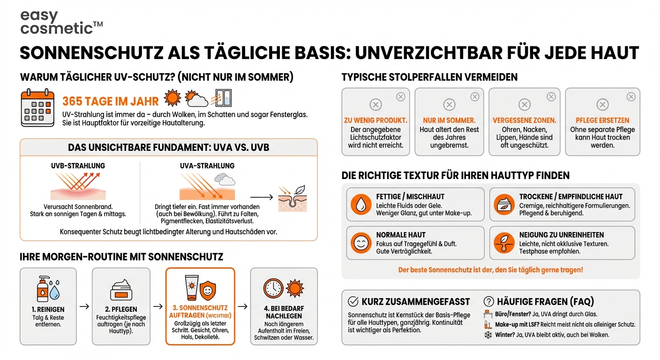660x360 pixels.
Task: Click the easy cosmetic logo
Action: [61, 22]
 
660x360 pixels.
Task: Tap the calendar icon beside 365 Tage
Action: [38, 108]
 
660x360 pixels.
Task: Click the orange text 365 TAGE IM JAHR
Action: [111, 101]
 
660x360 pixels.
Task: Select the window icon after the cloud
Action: [223, 98]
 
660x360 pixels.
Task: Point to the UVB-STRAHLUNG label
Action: [78, 166]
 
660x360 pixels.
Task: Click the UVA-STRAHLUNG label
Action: [207, 166]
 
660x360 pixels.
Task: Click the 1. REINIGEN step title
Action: [48, 309]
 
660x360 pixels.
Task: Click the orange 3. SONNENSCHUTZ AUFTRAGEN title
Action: [200, 312]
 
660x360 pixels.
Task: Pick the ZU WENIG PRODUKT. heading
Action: [375, 120]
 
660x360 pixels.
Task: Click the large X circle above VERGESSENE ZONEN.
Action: [524, 105]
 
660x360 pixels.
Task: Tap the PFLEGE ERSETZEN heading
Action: [602, 120]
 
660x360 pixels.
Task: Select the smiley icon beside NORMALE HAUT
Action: [361, 243]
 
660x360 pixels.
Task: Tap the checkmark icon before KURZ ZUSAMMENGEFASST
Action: [353, 301]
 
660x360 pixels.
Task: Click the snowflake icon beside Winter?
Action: [488, 335]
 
